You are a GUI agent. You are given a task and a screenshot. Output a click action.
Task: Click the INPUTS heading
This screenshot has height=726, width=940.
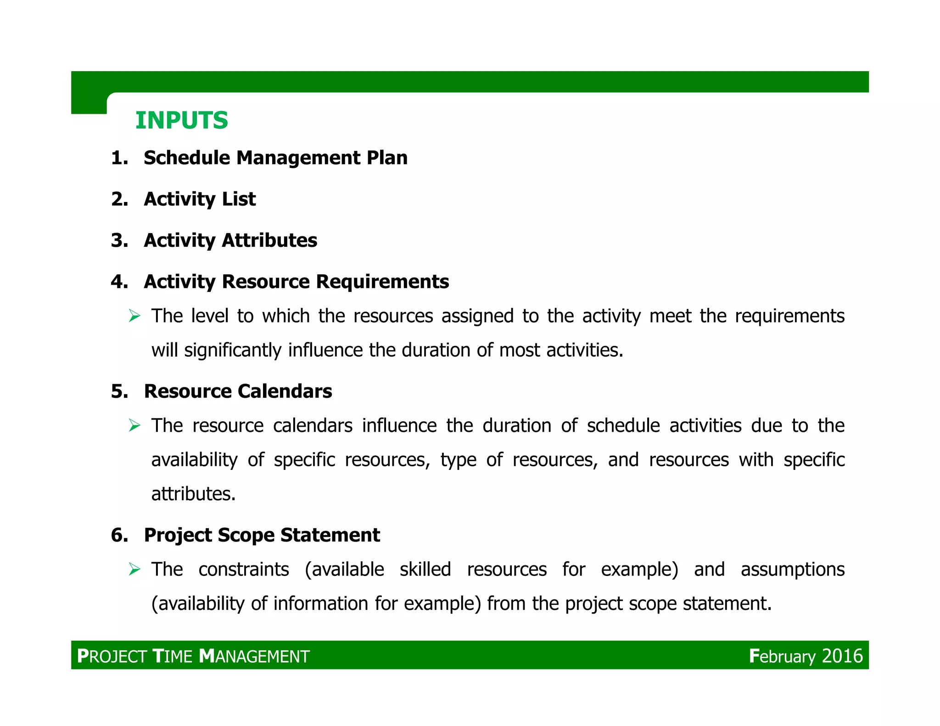(181, 121)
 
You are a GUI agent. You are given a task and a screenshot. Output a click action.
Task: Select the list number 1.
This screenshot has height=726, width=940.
(119, 158)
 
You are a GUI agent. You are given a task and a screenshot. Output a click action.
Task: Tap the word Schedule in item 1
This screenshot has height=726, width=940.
(187, 158)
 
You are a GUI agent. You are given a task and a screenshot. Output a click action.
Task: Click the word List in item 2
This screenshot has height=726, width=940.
(239, 199)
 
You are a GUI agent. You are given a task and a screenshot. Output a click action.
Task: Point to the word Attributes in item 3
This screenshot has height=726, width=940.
(269, 240)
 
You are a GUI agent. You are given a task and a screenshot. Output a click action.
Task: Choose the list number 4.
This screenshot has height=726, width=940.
(119, 282)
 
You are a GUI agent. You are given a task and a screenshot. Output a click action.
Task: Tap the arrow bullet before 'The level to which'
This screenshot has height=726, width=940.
(134, 316)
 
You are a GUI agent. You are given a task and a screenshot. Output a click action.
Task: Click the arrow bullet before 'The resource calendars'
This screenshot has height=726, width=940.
(134, 425)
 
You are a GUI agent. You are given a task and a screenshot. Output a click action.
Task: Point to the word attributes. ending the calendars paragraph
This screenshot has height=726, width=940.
(193, 494)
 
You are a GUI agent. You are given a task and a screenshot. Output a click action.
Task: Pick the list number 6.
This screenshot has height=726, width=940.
(119, 535)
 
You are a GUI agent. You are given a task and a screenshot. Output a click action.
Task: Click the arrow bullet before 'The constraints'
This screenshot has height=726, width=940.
(134, 570)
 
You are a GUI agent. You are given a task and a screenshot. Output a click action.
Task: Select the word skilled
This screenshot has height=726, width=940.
(425, 570)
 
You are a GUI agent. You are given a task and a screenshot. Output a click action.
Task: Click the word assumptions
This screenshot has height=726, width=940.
(793, 570)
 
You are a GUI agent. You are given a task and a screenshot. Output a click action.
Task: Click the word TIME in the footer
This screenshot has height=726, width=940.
(172, 656)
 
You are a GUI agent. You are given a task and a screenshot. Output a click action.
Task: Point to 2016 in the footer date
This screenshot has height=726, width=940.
(842, 656)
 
